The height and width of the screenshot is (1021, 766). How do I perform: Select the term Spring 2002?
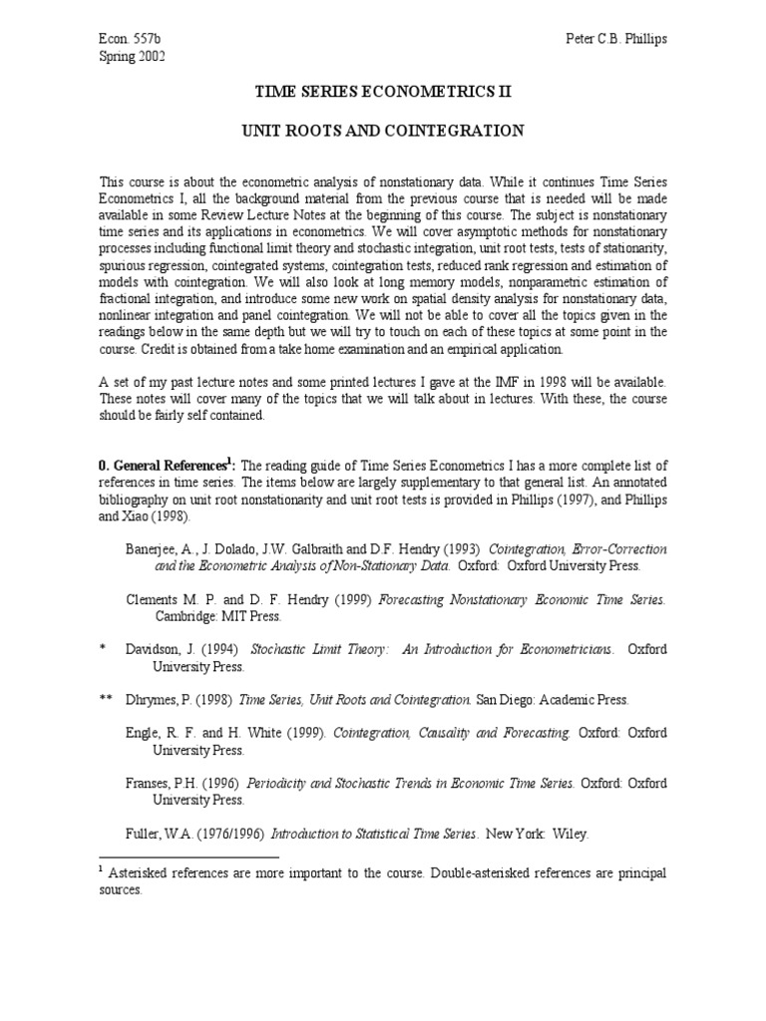point(132,56)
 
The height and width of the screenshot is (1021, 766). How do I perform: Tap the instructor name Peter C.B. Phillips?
point(614,38)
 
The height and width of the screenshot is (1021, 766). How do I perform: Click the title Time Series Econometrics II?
point(384,92)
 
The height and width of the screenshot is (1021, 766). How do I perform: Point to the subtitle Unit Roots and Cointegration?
point(384,131)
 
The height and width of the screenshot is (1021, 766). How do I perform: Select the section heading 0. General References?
point(163,465)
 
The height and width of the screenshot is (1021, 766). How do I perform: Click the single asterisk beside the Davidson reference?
point(102,649)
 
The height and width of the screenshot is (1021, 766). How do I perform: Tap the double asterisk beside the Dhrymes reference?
point(106,700)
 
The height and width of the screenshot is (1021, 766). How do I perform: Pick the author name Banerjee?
point(155,549)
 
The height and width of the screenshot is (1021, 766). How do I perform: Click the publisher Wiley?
point(568,834)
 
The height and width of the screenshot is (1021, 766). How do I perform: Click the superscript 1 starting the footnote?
point(102,868)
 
